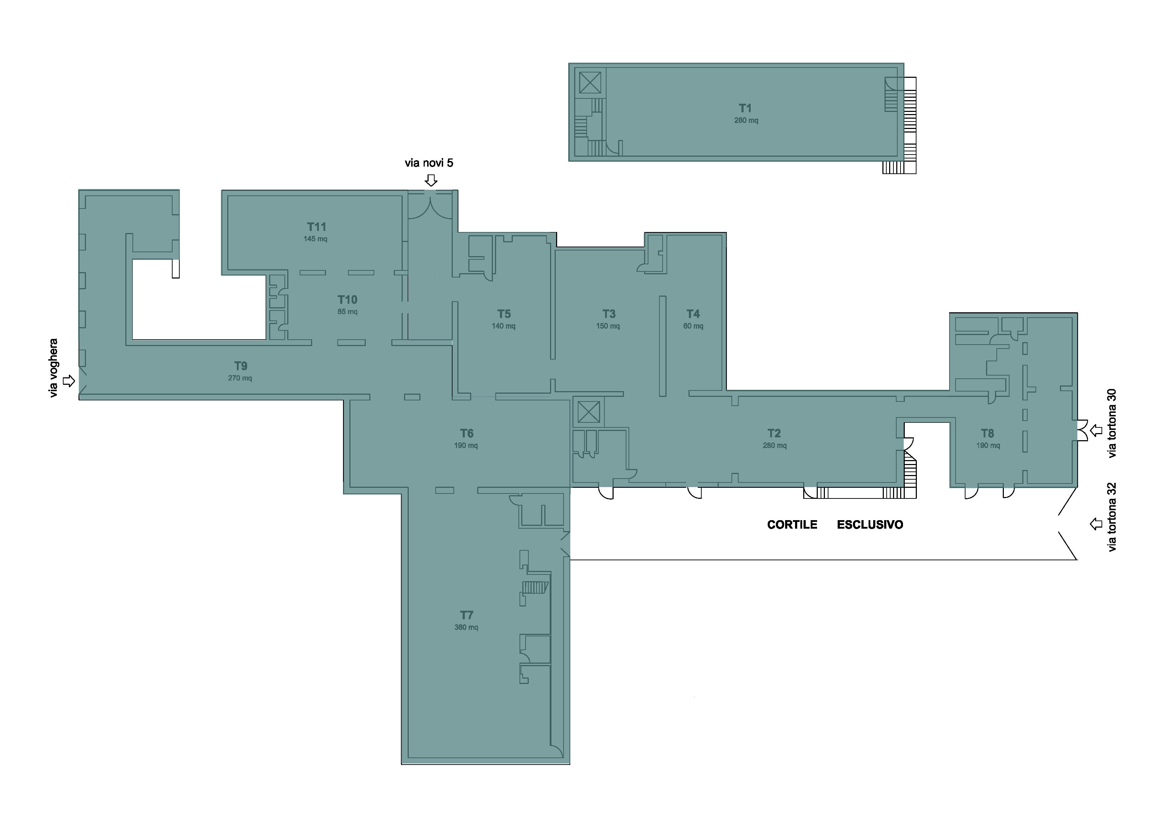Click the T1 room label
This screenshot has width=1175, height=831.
tap(745, 108)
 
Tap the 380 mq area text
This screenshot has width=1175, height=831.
tap(466, 627)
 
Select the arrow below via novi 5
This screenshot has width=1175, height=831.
tap(431, 180)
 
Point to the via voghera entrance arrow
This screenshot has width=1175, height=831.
tap(69, 381)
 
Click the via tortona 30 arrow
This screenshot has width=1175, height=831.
tap(1096, 431)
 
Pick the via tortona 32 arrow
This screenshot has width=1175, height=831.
tap(1096, 524)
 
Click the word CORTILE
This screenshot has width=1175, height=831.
tap(792, 525)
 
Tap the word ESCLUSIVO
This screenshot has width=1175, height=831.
tap(870, 525)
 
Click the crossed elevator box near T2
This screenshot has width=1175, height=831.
tap(588, 412)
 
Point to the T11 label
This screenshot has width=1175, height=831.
tap(316, 227)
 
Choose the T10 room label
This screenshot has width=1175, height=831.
tap(348, 300)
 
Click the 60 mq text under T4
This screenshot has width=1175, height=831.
tap(693, 326)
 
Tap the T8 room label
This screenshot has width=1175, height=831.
tap(987, 433)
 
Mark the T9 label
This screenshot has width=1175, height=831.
tap(240, 366)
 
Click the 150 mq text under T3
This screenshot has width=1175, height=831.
tap(608, 326)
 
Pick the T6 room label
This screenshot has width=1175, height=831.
tap(466, 433)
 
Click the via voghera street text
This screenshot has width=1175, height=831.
tap(53, 368)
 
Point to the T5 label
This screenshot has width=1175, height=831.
tap(504, 314)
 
